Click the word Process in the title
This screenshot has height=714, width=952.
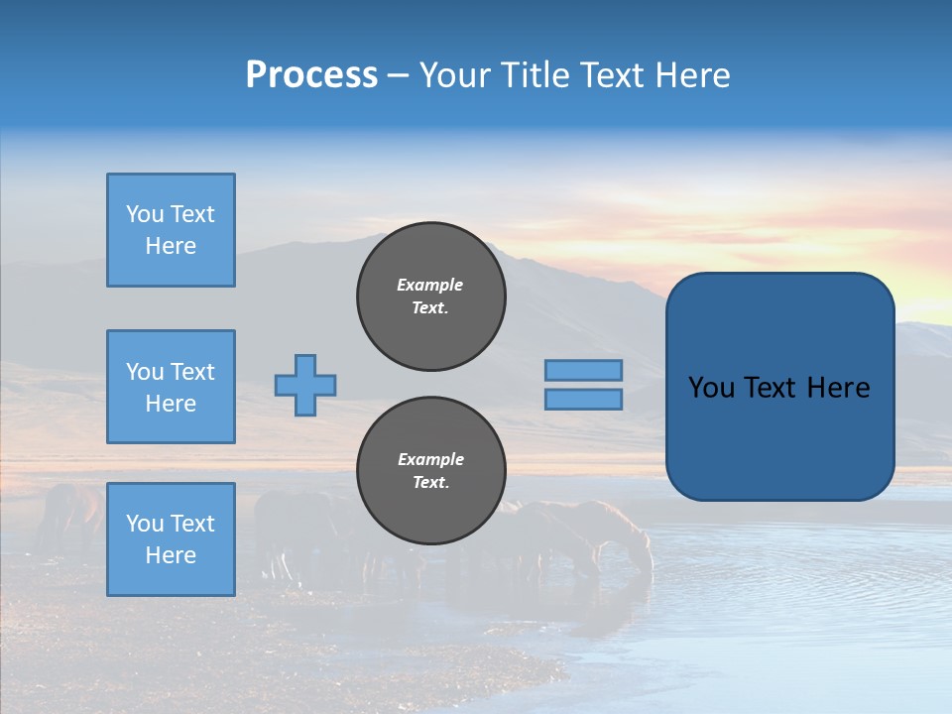[311, 75]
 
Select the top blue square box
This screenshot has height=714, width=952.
[171, 230]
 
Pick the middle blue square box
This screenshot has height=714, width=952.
[171, 387]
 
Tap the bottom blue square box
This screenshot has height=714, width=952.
[171, 539]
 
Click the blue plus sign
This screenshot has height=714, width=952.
[305, 385]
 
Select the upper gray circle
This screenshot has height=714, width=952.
[431, 297]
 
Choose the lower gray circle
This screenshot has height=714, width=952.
[431, 471]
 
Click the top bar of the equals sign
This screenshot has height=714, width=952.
[583, 370]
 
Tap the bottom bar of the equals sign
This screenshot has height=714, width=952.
[583, 399]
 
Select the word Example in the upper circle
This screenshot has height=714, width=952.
[430, 285]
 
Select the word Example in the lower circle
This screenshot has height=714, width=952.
[430, 459]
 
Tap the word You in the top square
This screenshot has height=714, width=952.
[144, 214]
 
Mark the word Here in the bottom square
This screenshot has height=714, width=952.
[171, 555]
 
